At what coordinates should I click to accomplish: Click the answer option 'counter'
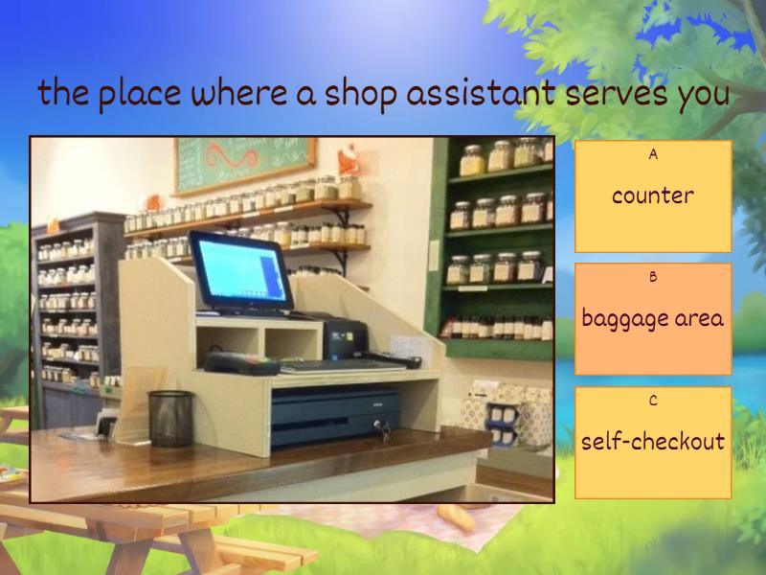[653, 196]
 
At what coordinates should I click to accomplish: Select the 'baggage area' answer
[653, 319]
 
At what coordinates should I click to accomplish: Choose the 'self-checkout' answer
[653, 442]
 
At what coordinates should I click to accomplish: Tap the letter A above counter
[653, 154]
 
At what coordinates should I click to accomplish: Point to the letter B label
[653, 277]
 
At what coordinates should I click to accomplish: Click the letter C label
[653, 401]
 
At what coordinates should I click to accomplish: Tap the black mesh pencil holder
[170, 418]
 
